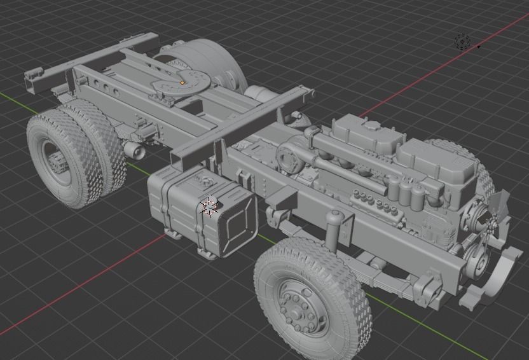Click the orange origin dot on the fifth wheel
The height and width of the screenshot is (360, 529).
point(183,82)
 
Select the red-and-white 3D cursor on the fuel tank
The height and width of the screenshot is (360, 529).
point(208,206)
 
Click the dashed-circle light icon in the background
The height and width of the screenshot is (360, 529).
point(462,42)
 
